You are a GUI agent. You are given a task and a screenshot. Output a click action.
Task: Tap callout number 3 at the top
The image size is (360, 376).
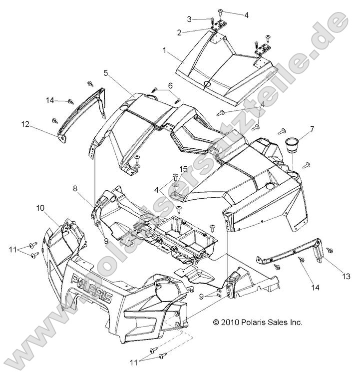189,19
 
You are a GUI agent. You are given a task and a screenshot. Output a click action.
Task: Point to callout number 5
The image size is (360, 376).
106,73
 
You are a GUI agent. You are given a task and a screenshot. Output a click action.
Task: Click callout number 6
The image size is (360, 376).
170,85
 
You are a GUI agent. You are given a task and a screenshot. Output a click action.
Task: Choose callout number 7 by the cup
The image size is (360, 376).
312,130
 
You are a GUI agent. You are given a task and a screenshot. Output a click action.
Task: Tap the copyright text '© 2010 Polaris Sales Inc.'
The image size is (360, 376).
258,323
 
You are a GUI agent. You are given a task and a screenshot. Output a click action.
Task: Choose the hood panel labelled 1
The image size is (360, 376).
220,70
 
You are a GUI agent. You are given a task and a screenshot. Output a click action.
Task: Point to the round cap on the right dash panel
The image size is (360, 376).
270,186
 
